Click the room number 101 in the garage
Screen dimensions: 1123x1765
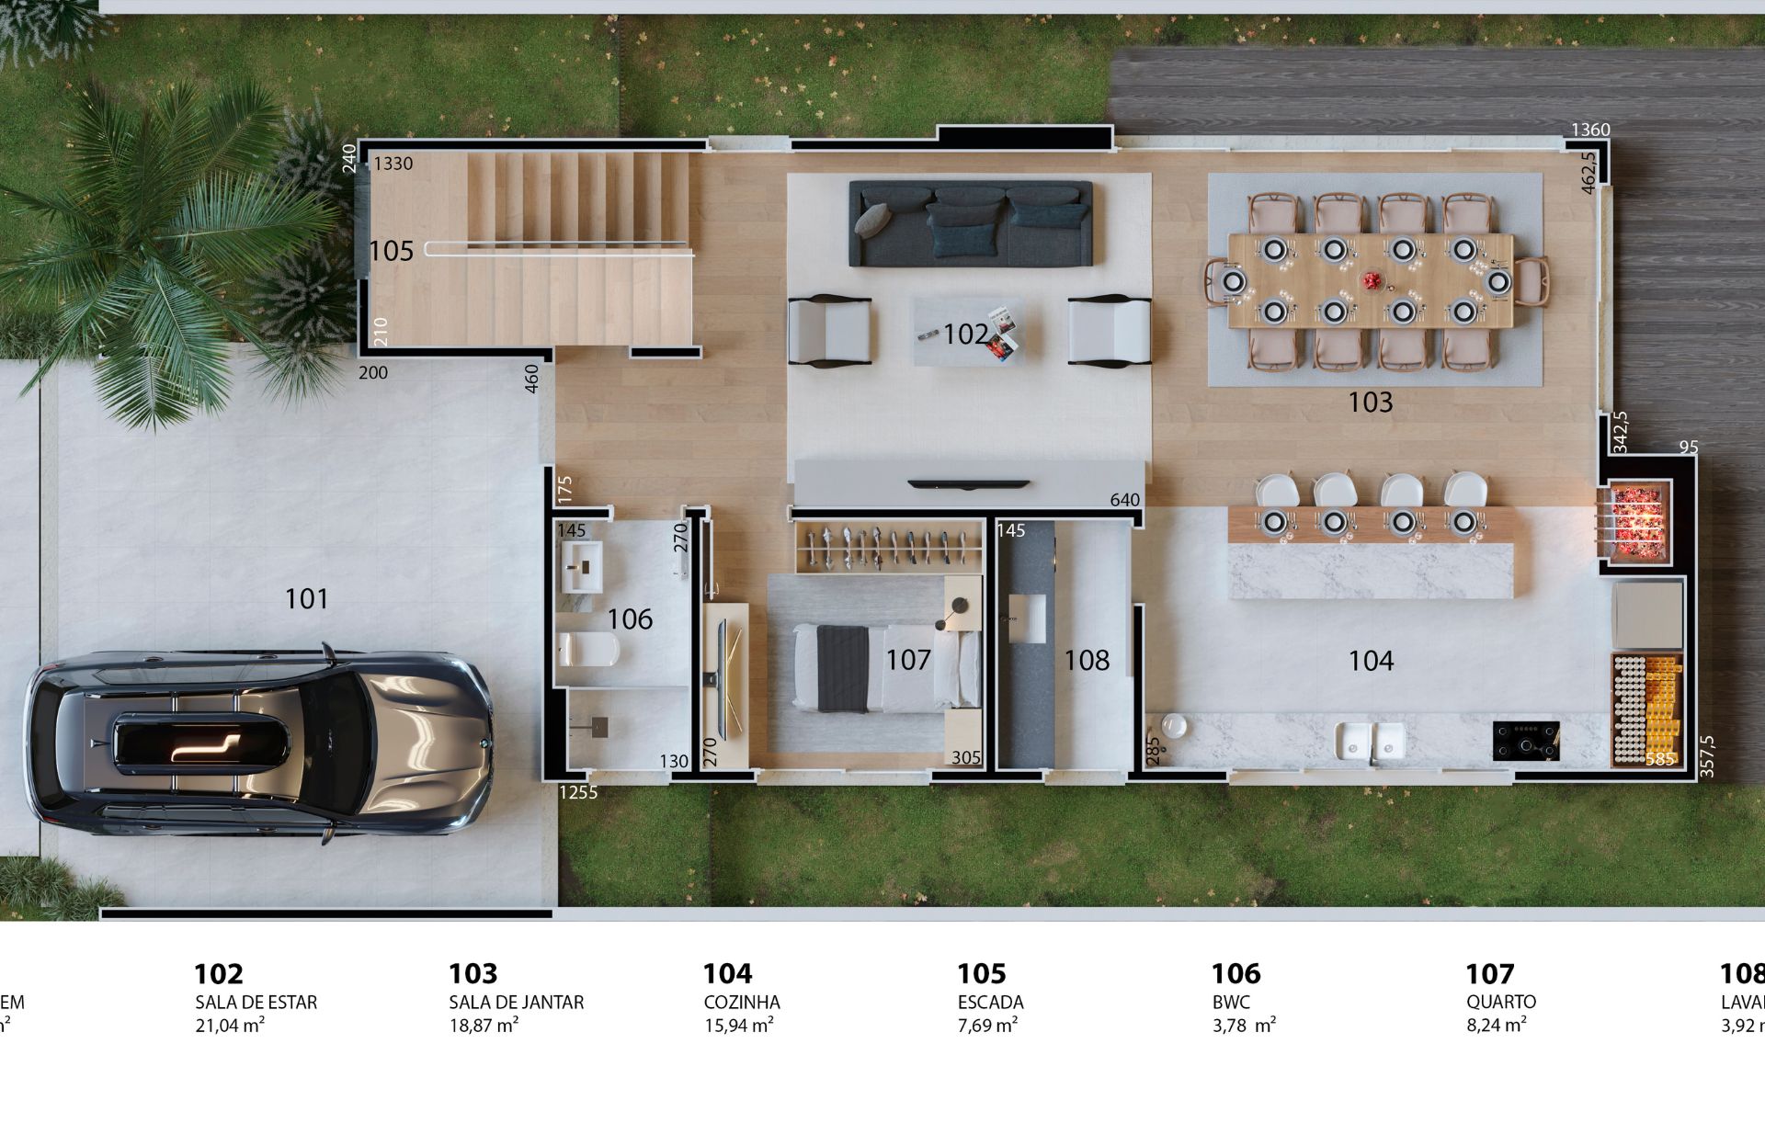coord(306,599)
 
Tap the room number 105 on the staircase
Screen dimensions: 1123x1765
coord(391,251)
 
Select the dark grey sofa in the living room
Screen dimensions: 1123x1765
coord(970,223)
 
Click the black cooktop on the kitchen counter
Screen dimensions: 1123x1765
coord(1525,741)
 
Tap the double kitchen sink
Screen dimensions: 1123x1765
coord(1370,742)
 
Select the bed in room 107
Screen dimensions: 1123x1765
coord(873,667)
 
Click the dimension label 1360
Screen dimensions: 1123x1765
coord(1589,130)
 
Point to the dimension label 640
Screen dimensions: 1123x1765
coord(1124,500)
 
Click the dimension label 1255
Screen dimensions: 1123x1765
coord(578,792)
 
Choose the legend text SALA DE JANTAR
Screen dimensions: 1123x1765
coord(516,1003)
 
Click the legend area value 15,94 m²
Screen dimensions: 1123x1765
coord(737,1025)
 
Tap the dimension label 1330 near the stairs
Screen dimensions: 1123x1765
coord(393,164)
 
